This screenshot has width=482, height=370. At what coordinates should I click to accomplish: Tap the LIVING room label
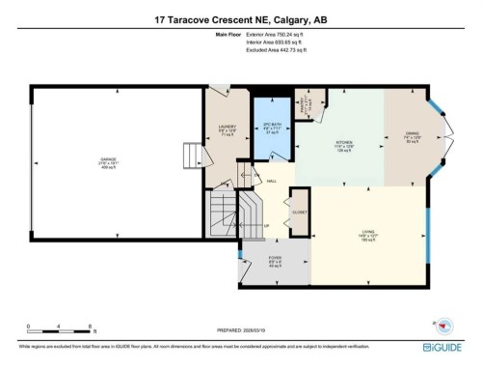pyautogui.click(x=367, y=232)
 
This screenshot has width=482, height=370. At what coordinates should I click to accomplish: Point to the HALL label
pyautogui.click(x=272, y=181)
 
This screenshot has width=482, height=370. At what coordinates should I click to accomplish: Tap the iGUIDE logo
pyautogui.click(x=446, y=345)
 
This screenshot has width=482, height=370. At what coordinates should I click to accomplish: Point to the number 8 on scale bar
pyautogui.click(x=90, y=326)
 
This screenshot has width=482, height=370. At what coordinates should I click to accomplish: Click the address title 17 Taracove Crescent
pyautogui.click(x=241, y=18)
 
